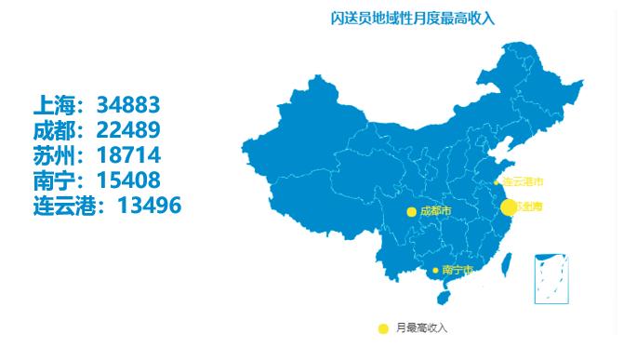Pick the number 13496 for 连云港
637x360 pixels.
[x=149, y=205]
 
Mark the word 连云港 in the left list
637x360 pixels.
[x=65, y=205]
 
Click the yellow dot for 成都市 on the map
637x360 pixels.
[x=411, y=212]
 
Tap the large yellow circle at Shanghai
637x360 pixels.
[x=509, y=207]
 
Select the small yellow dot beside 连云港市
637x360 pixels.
[x=497, y=181]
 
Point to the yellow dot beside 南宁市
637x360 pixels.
[x=435, y=270]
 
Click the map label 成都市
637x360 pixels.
[x=435, y=212]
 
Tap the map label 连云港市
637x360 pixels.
[x=523, y=181]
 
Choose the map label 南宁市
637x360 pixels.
[x=458, y=270]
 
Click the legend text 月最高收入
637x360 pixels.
[x=421, y=327]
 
